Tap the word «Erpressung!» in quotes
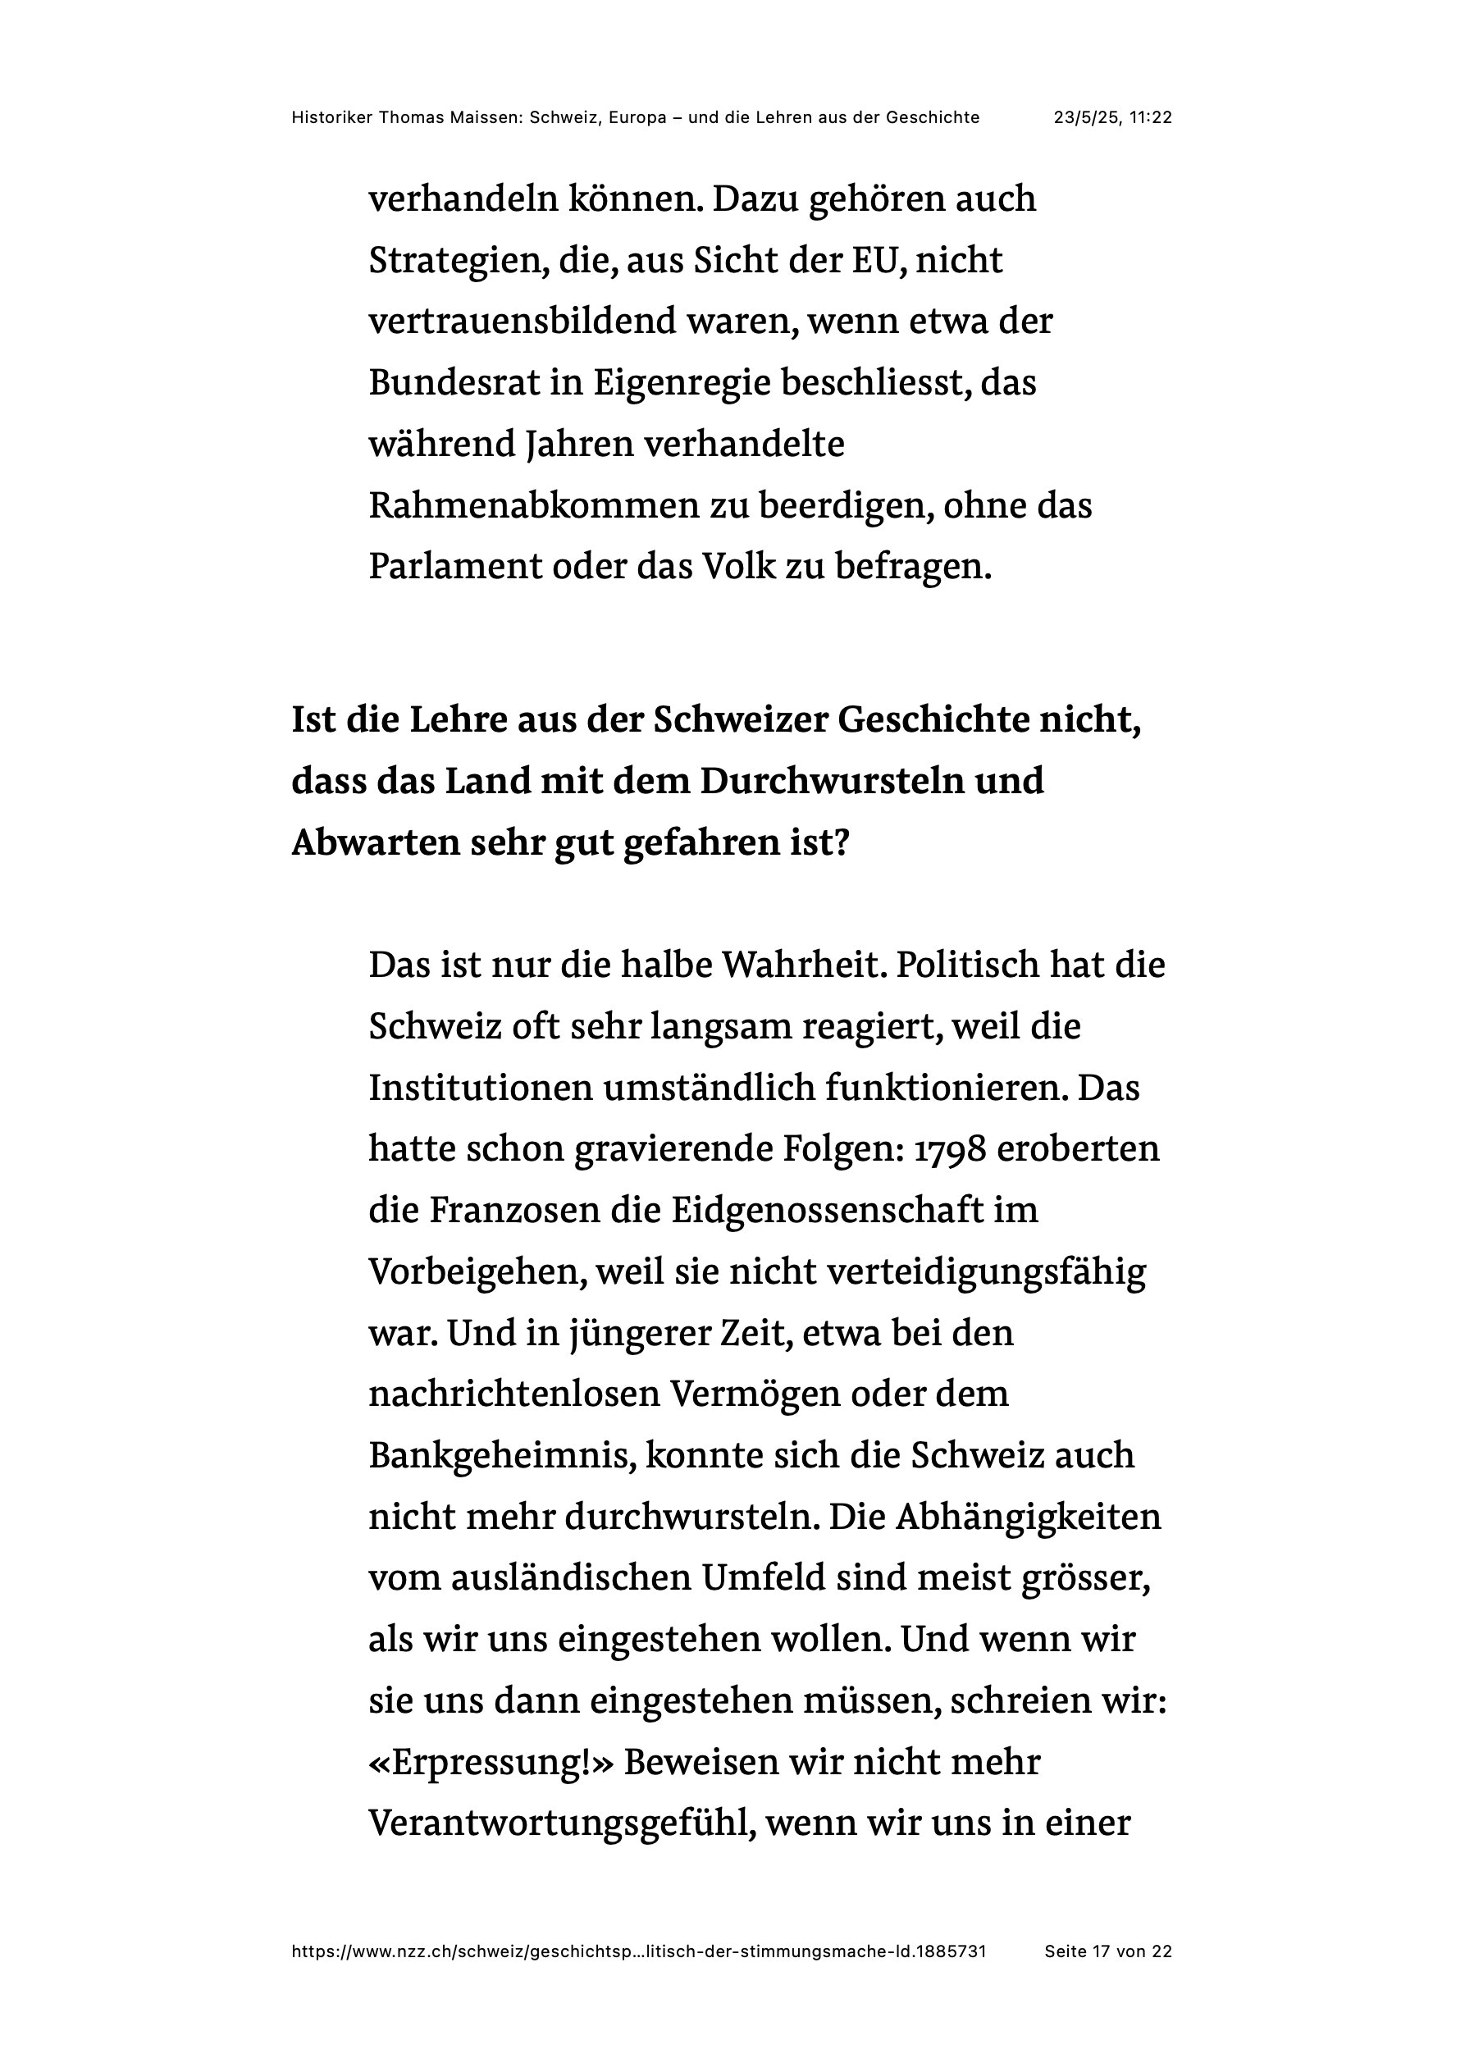click(x=491, y=1763)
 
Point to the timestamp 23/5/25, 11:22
click(x=1112, y=117)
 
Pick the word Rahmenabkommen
click(x=533, y=506)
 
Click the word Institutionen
click(x=479, y=1088)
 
